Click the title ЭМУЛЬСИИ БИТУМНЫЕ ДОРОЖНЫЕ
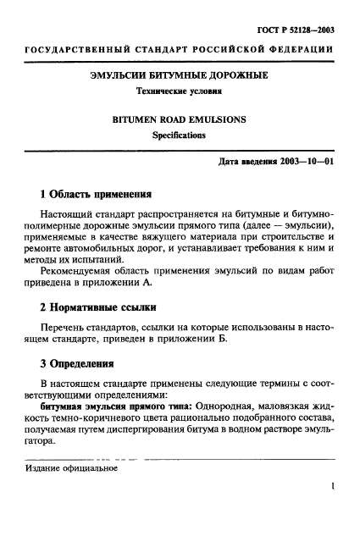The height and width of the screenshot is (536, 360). pos(180,75)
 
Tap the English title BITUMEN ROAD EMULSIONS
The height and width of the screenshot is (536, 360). pos(180,119)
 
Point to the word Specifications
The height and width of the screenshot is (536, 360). pos(180,135)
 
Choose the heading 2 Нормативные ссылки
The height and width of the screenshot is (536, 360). pos(98,306)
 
